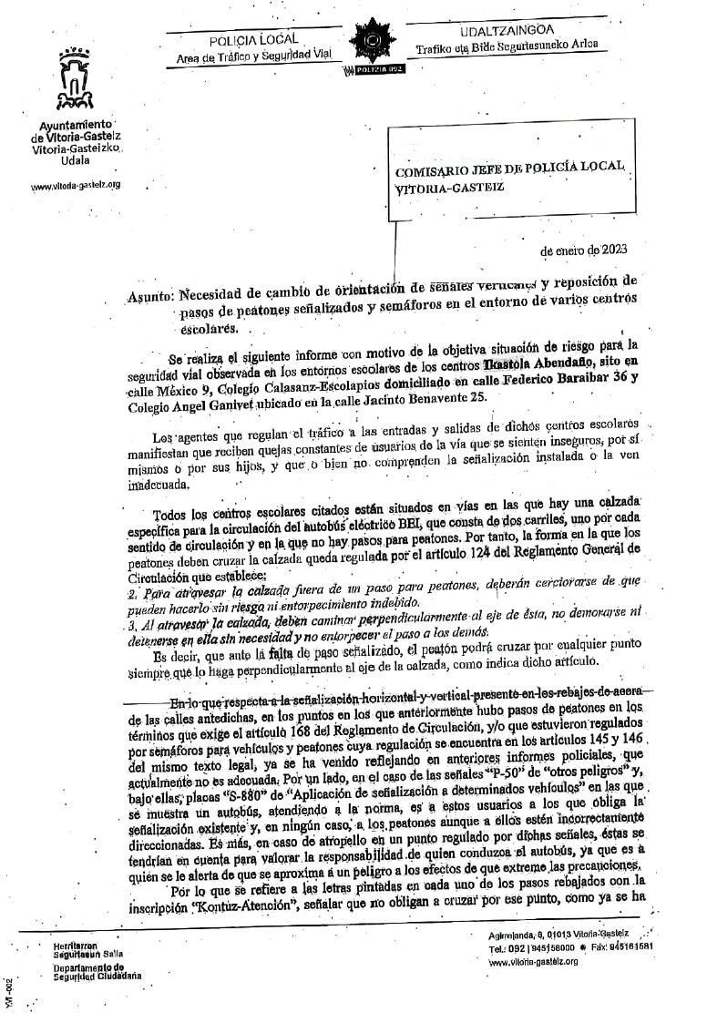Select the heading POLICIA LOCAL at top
point(248,41)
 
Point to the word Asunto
point(149,295)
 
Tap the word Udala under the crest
point(75,160)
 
